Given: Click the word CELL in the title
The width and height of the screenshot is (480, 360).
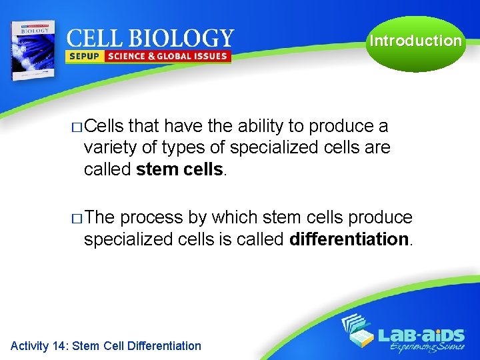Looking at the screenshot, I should click(95, 38).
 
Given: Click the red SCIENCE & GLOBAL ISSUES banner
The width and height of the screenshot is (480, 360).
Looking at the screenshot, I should click(167, 57).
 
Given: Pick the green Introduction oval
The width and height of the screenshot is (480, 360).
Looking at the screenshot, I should click(415, 41).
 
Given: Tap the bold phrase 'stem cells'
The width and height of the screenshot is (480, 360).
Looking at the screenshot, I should click(181, 170).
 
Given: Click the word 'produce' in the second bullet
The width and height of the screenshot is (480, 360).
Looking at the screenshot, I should click(381, 217).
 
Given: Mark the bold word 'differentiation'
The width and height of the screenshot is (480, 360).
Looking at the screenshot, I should click(349, 239).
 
